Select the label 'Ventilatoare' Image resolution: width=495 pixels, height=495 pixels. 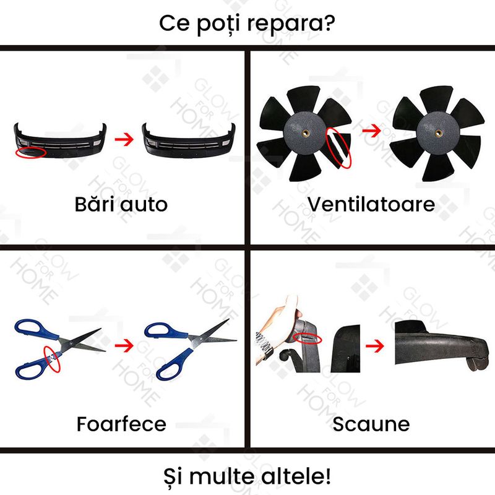click(x=371, y=204)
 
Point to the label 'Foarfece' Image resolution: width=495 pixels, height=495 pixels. click(x=121, y=424)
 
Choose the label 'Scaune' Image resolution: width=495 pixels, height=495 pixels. click(x=371, y=424)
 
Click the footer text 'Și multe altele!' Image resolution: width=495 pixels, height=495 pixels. click(x=247, y=476)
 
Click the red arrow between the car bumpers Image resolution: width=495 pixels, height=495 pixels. click(x=125, y=139)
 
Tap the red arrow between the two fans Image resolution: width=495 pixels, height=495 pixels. click(x=371, y=131)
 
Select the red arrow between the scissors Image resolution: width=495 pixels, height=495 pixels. click(x=125, y=345)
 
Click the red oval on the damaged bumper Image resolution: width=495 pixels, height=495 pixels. click(x=30, y=151)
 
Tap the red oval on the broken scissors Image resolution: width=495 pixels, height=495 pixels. click(x=52, y=358)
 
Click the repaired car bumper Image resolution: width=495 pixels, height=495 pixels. click(x=188, y=142)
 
